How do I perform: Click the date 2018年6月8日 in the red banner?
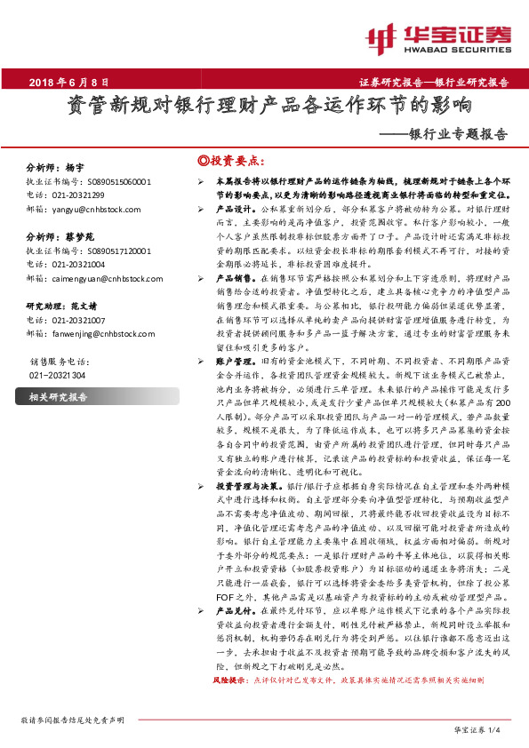pos(68,80)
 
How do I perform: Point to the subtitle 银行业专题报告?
pos(458,135)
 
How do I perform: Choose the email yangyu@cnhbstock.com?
pos(92,209)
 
